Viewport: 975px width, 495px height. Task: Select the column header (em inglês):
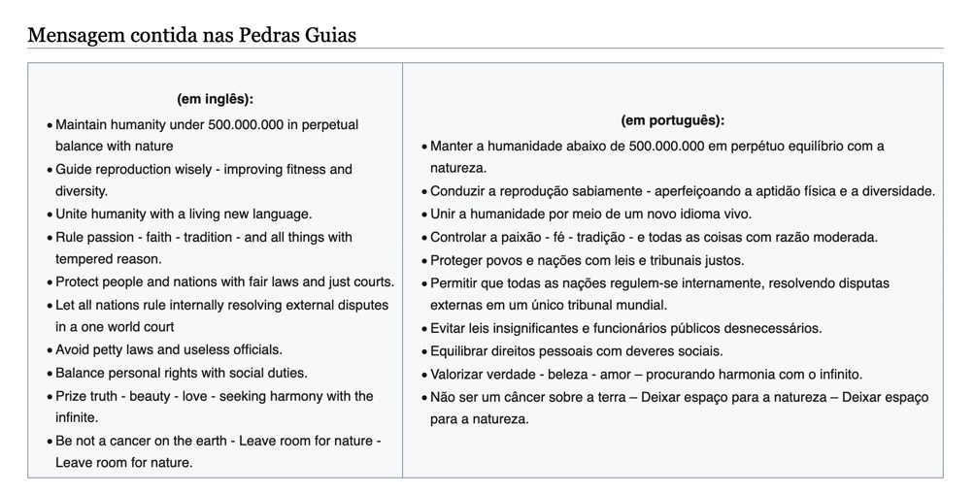pyautogui.click(x=215, y=99)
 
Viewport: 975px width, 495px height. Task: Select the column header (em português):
pyautogui.click(x=672, y=121)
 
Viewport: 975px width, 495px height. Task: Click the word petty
pyautogui.click(x=115, y=349)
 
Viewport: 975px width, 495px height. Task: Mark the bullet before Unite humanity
pyautogui.click(x=49, y=214)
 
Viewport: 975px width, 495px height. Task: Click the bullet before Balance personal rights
pyautogui.click(x=49, y=374)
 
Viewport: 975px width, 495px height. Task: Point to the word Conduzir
pyautogui.click(x=459, y=191)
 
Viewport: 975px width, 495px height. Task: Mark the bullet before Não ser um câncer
pyautogui.click(x=423, y=397)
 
